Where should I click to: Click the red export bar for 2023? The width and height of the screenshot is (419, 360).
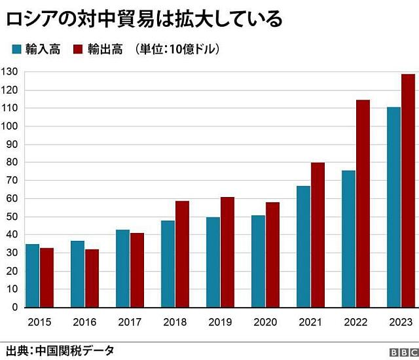pyautogui.click(x=408, y=190)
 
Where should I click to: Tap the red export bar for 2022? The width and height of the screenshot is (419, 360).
pyautogui.click(x=363, y=203)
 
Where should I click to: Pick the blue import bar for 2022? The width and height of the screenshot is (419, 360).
pyautogui.click(x=348, y=238)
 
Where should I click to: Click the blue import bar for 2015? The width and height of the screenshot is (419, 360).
pyautogui.click(x=32, y=276)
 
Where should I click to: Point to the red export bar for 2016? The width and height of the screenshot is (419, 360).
pyautogui.click(x=92, y=278)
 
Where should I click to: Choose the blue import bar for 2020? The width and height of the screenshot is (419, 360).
pyautogui.click(x=258, y=261)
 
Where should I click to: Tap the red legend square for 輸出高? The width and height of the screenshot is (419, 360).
pyautogui.click(x=77, y=49)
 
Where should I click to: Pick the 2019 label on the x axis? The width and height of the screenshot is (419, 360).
pyautogui.click(x=220, y=321)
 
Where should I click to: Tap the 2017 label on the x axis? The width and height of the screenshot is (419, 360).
pyautogui.click(x=130, y=321)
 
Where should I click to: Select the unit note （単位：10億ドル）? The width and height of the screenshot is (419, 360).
pyautogui.click(x=175, y=49)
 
